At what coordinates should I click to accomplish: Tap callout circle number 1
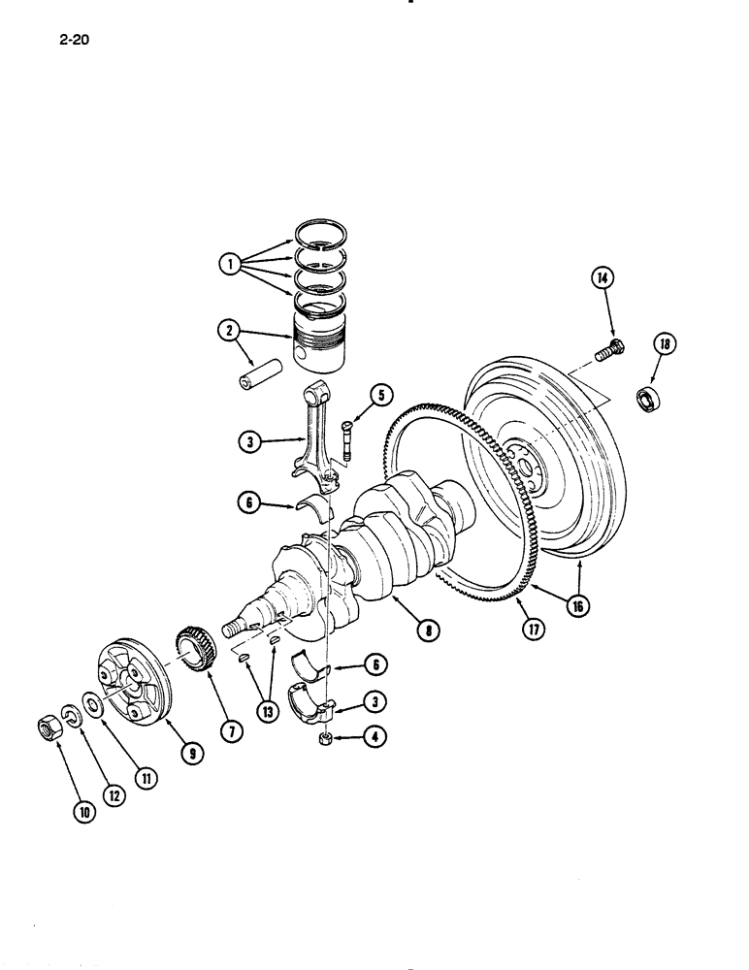229,263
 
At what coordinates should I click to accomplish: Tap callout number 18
665,344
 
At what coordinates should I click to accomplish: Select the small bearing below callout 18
648,398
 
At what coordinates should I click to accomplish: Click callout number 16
578,607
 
